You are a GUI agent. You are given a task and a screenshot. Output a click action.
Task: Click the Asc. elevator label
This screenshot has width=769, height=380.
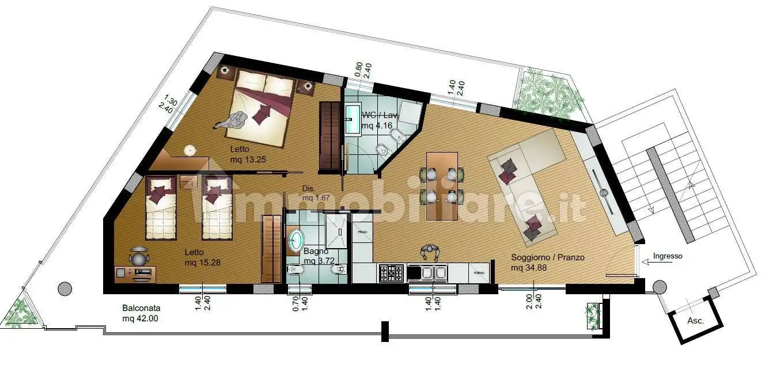[x=696, y=321]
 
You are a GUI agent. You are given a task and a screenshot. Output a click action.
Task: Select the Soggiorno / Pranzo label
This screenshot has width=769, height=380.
[x=547, y=257]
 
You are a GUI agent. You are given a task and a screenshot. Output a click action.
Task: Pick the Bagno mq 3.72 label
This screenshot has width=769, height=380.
[x=316, y=256]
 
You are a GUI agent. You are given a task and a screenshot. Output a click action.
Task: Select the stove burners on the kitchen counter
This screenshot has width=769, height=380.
[x=392, y=272]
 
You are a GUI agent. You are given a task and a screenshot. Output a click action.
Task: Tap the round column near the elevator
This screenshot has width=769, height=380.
[x=660, y=286]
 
